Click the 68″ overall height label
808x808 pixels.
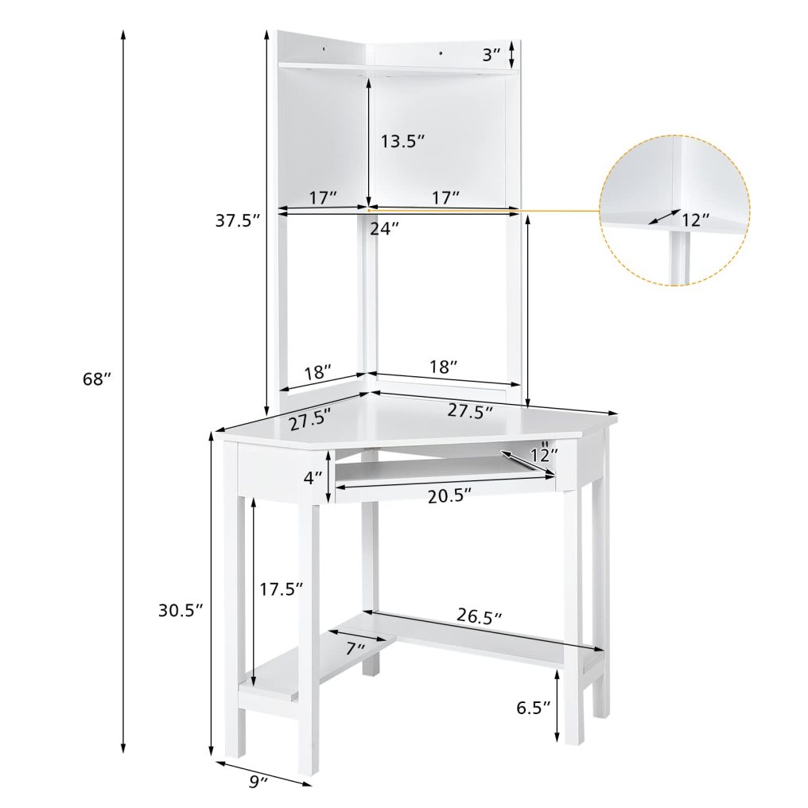(x=96, y=379)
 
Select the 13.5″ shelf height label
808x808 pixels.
(x=402, y=142)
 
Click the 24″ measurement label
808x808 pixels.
(x=384, y=227)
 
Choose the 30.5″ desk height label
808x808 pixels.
(x=181, y=610)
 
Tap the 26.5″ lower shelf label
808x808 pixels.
(x=480, y=616)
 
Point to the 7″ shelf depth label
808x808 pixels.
(x=355, y=647)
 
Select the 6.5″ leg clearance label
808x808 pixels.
(x=534, y=708)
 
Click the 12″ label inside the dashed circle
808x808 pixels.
(x=695, y=219)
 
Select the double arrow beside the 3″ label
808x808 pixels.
(x=512, y=54)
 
